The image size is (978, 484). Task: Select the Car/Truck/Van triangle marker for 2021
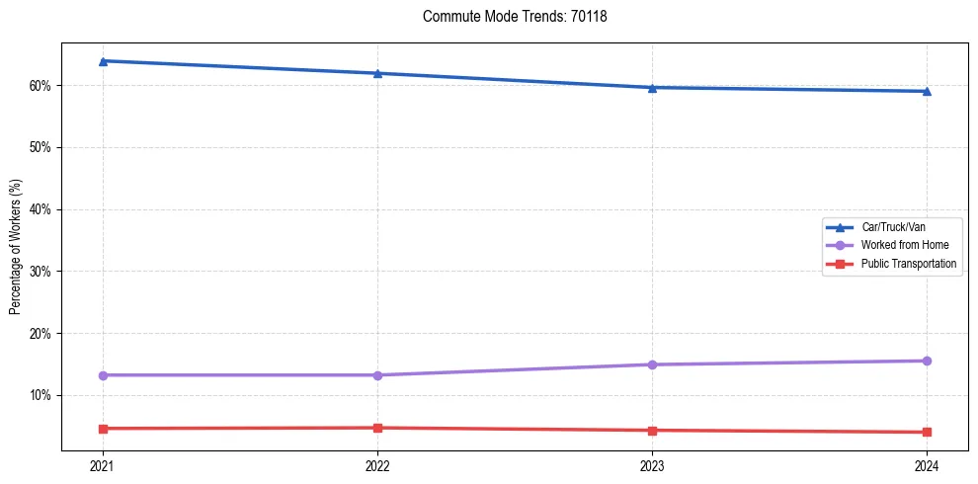click(103, 61)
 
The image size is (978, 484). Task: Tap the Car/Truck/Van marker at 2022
click(377, 73)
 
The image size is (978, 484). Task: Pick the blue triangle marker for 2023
click(652, 88)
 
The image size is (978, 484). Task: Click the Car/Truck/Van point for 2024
click(927, 92)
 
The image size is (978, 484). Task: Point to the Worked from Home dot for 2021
click(103, 375)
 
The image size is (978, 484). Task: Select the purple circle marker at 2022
click(377, 375)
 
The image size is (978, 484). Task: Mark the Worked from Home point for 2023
click(652, 364)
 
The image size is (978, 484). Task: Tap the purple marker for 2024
click(927, 361)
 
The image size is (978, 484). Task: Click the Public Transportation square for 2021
click(103, 429)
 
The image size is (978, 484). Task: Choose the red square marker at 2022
click(377, 428)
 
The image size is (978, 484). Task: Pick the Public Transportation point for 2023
click(652, 431)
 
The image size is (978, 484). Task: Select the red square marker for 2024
click(927, 432)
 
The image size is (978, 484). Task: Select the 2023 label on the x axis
click(652, 465)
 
